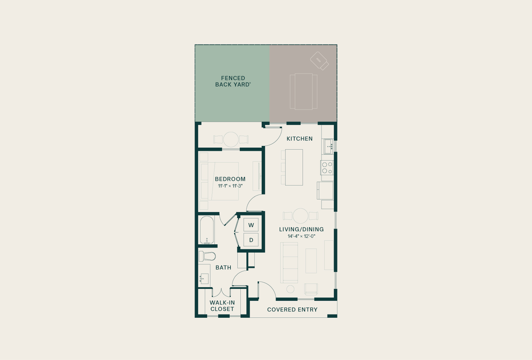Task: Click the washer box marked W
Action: tap(251, 225)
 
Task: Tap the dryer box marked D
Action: tap(251, 240)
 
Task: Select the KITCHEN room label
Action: tap(300, 139)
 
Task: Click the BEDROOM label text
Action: tap(230, 179)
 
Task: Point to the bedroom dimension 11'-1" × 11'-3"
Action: tap(230, 186)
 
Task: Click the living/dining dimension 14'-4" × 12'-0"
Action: tap(301, 236)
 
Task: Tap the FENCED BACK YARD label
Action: tap(233, 81)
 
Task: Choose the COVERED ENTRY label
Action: tap(292, 310)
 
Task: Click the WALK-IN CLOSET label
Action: tap(222, 306)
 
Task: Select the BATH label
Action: tap(223, 268)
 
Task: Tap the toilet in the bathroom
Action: tap(207, 256)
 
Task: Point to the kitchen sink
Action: tap(328, 147)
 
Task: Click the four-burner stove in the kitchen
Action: tap(327, 168)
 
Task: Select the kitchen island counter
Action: tap(294, 167)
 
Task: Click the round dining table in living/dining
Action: tap(301, 216)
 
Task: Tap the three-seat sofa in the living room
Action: tap(289, 263)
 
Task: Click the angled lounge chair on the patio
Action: tap(320, 61)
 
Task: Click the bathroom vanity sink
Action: tap(204, 279)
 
